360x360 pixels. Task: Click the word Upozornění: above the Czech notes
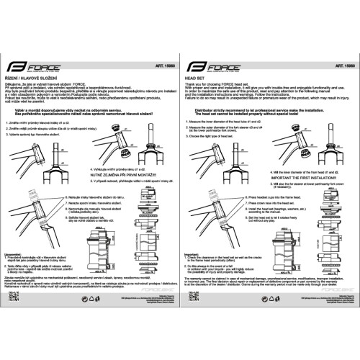[14, 253]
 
